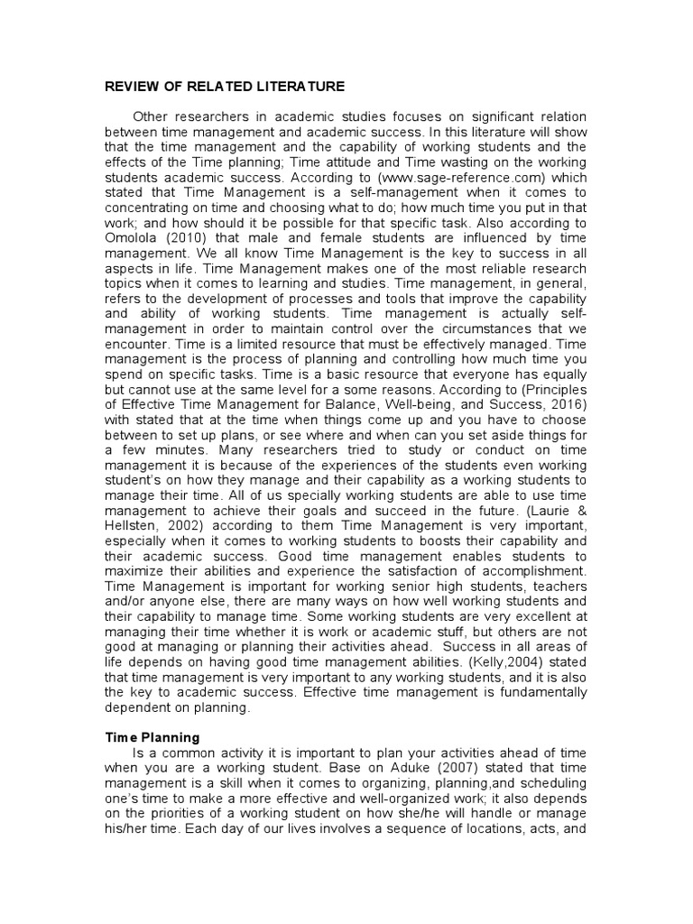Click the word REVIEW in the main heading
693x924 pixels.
(128, 86)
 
